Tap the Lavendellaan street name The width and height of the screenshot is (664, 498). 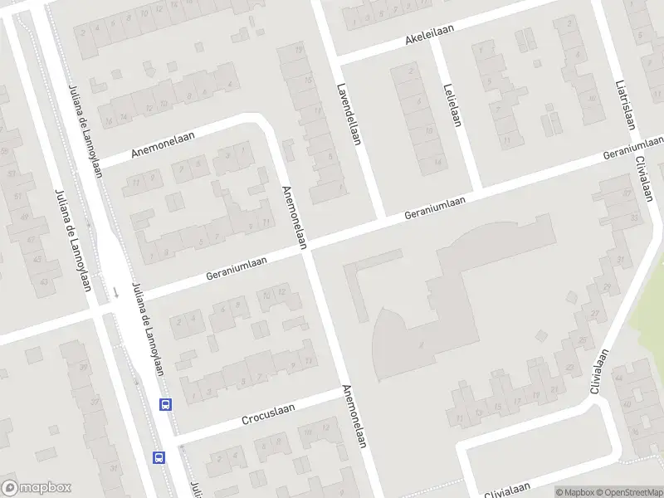coord(348,115)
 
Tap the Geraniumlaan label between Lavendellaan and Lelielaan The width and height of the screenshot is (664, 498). coord(435,207)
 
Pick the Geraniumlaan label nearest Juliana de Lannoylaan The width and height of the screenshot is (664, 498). coord(237,266)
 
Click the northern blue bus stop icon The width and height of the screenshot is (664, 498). coord(166,405)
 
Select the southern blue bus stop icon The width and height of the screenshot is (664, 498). coord(159,456)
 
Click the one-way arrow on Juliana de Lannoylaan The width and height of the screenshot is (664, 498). coord(116,292)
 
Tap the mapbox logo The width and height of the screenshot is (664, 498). coord(35,488)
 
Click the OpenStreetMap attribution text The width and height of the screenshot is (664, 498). coord(627,492)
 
